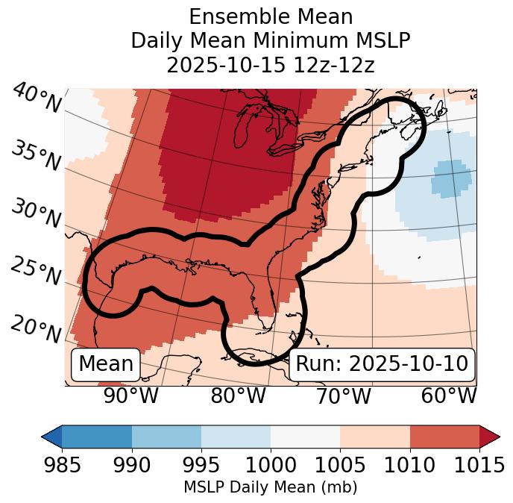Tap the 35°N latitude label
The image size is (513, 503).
tap(37, 156)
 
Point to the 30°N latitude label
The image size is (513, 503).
tap(37, 214)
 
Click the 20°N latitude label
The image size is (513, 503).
tap(37, 329)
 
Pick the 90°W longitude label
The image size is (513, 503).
tap(131, 396)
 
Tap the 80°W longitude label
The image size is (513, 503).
tap(238, 396)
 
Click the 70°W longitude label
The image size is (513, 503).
tap(343, 396)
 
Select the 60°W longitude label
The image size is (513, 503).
tap(449, 396)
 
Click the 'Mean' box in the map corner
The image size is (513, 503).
tap(106, 364)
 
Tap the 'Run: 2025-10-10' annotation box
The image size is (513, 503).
tap(382, 364)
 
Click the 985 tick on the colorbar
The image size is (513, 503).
tap(62, 466)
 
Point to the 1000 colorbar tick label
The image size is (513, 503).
tap(271, 466)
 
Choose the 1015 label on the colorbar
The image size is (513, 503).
tap(479, 466)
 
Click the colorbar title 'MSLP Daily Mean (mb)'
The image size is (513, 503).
tap(270, 487)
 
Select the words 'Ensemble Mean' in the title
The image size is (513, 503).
tap(270, 16)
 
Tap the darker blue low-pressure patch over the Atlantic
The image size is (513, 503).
tap(452, 178)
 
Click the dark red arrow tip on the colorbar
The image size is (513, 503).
tap(490, 437)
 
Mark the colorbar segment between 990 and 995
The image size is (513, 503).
tap(166, 437)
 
